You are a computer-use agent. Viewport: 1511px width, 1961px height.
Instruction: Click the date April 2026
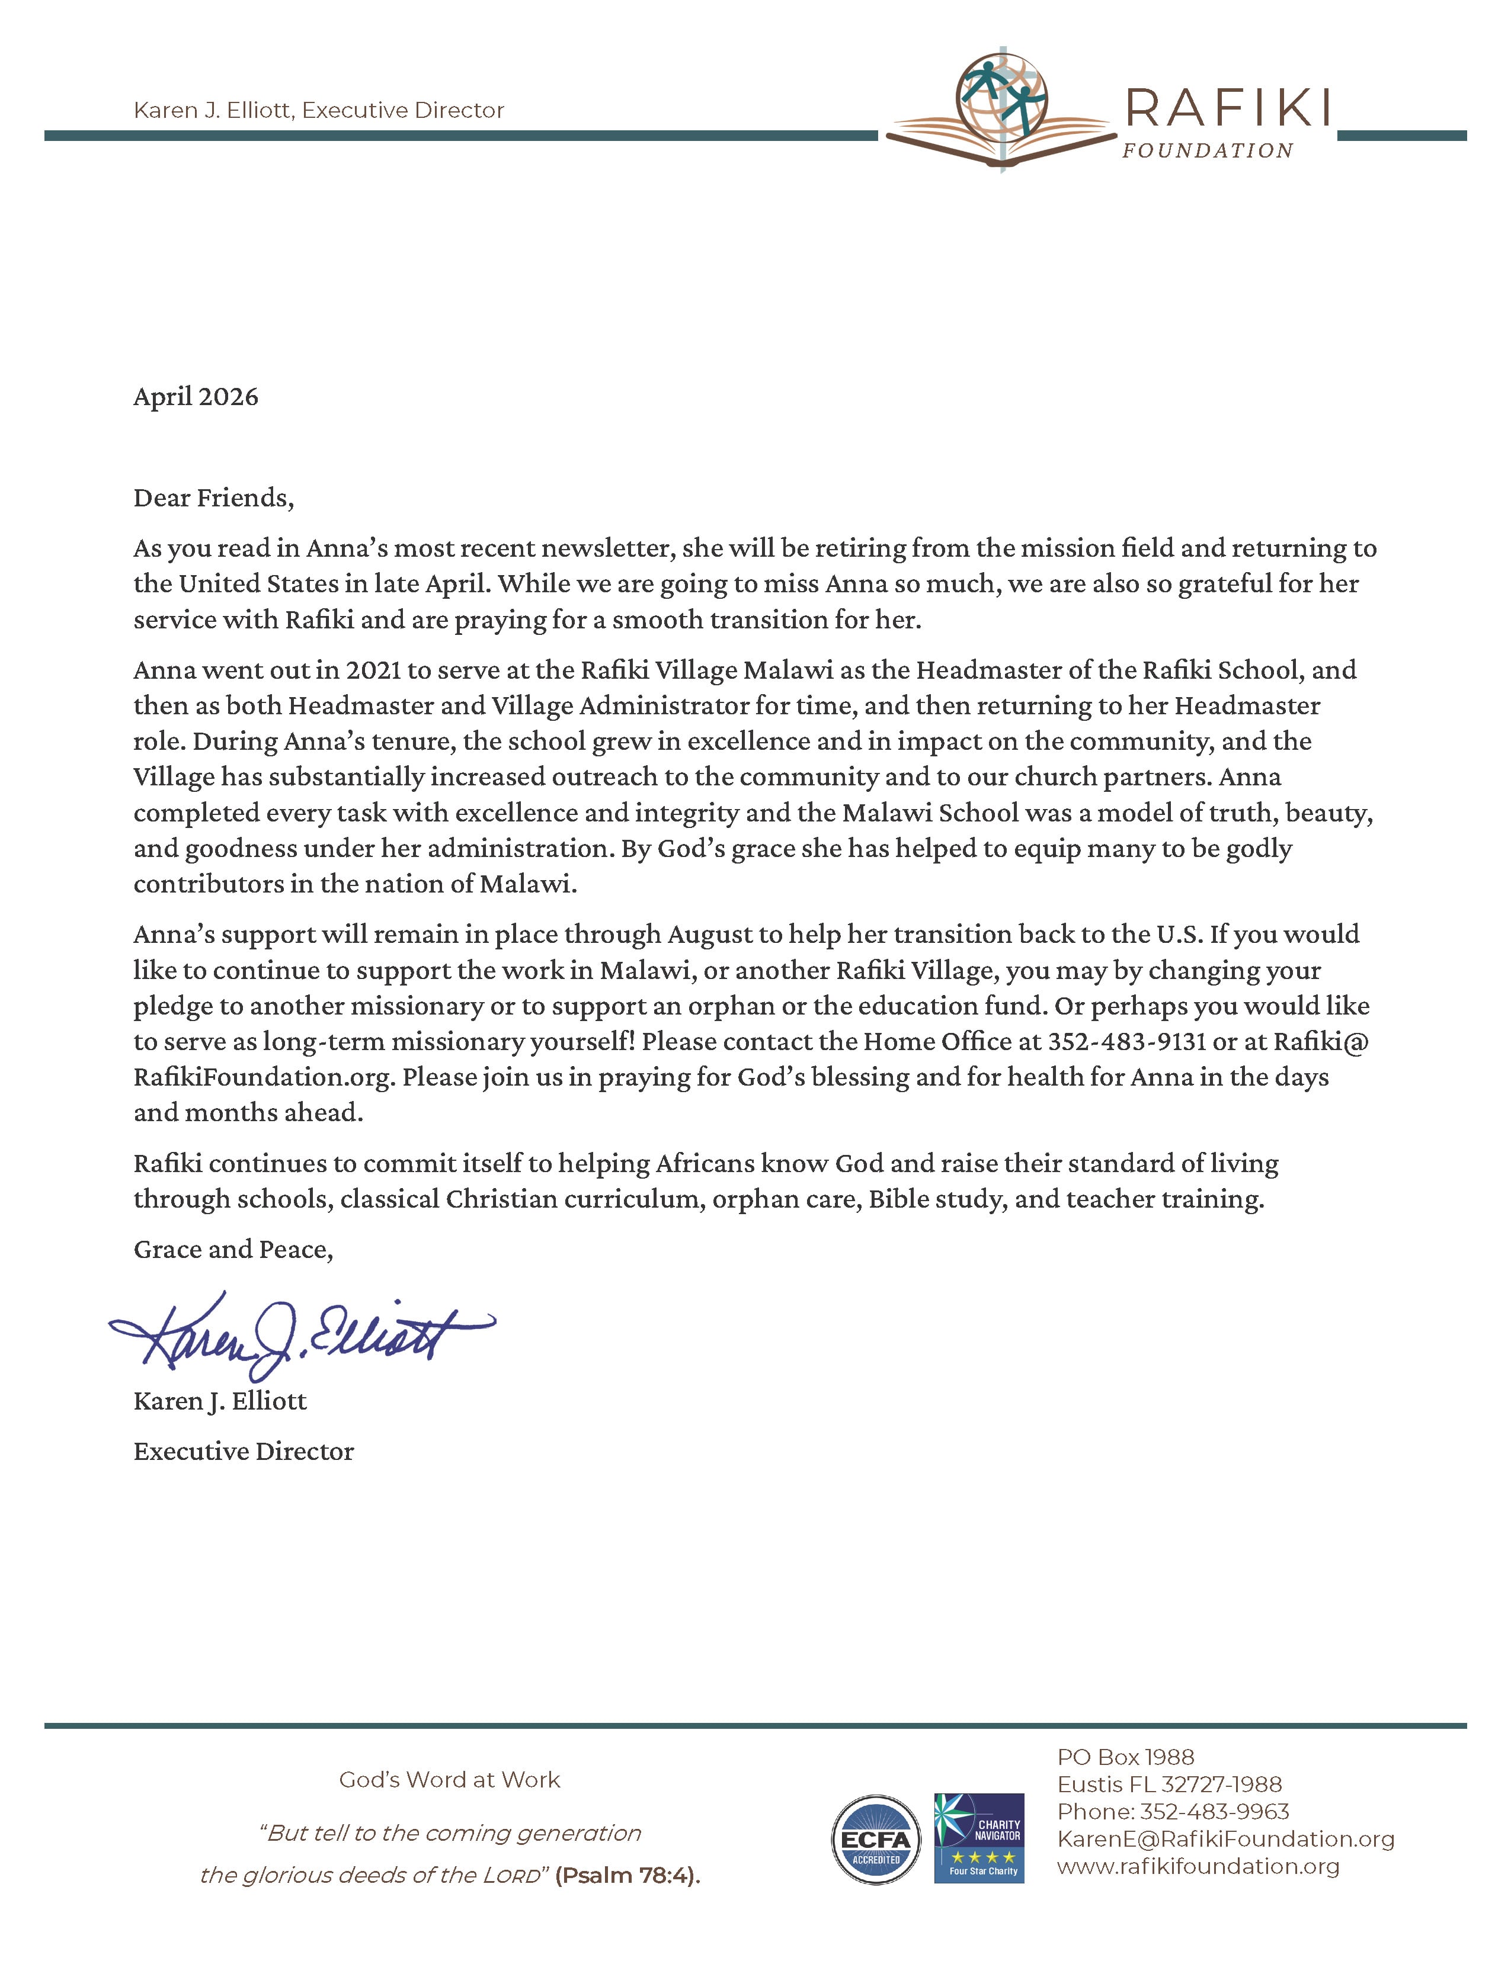(196, 397)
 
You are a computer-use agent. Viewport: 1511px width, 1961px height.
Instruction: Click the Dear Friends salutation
(214, 498)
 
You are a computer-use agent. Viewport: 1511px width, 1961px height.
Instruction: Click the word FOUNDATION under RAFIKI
(1206, 152)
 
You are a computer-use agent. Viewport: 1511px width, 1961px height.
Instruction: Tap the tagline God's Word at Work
(449, 1780)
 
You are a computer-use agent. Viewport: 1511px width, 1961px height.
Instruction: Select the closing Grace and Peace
(233, 1250)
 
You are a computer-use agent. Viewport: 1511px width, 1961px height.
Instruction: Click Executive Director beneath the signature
(244, 1452)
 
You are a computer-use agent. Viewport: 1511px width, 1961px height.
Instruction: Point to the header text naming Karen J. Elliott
(319, 110)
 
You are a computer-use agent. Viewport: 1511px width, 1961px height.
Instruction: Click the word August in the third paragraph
(710, 935)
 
